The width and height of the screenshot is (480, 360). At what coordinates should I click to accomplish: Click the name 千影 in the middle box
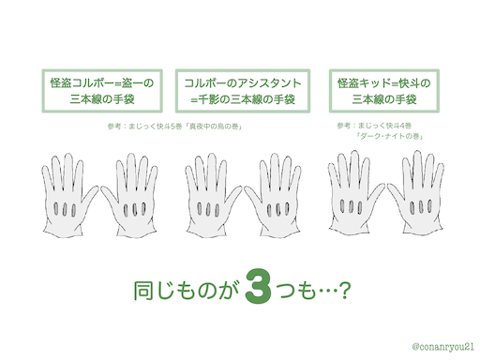pos(209,99)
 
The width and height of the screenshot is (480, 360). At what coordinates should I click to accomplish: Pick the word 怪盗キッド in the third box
pos(364,83)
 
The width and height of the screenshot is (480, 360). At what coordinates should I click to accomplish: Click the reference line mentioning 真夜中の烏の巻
pos(174,127)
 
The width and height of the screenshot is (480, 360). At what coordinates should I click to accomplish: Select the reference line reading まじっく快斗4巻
pos(374,126)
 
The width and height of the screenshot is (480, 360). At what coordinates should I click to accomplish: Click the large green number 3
pos(258,286)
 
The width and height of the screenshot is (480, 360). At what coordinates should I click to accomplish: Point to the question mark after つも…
pos(344,291)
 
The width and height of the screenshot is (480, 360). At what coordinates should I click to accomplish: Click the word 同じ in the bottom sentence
pos(154,291)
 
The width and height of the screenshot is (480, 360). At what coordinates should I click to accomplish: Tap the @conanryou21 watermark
pos(442,347)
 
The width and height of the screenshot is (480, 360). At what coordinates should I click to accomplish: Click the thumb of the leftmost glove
pos(89,196)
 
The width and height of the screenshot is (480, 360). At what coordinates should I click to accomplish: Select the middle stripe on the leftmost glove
pos(65,210)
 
